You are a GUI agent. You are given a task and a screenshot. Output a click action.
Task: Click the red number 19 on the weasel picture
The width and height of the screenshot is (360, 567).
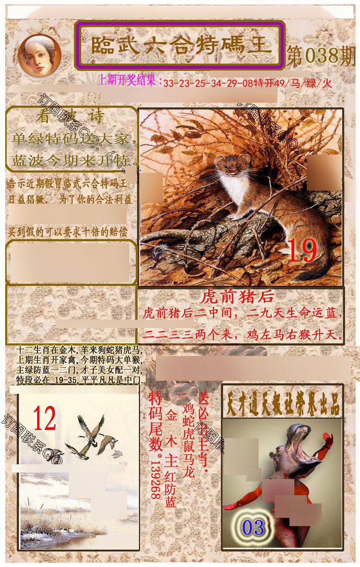pos(302,251)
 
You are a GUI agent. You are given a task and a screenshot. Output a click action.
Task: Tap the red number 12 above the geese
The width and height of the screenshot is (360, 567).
pos(44,418)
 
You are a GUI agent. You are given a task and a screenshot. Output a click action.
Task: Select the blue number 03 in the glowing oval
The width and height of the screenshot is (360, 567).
pos(253,527)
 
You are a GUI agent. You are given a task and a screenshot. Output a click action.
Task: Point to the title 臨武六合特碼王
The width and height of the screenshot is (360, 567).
pos(179,45)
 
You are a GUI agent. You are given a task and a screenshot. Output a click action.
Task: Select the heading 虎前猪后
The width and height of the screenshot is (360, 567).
pos(237,297)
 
